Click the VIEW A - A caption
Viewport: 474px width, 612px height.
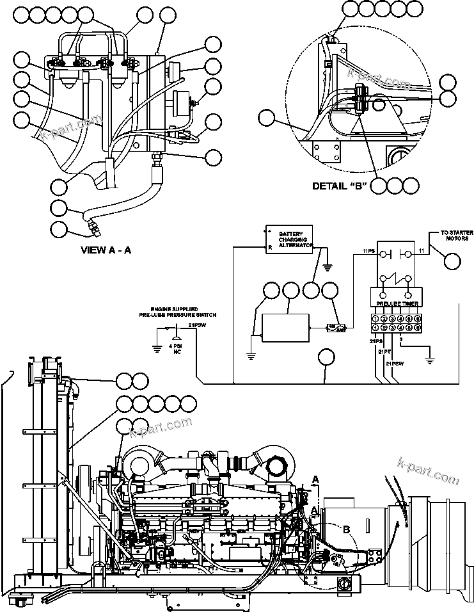(x=106, y=250)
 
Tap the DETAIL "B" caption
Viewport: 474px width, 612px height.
(x=338, y=186)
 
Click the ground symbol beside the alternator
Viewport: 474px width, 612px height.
(x=328, y=265)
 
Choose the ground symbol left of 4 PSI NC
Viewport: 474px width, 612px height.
(x=157, y=348)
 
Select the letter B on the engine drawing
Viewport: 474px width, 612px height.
(x=346, y=529)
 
